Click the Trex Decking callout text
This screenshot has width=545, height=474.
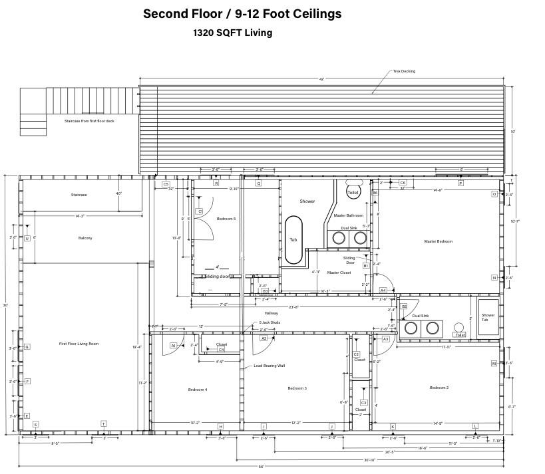(403, 71)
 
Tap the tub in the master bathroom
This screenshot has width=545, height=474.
(293, 240)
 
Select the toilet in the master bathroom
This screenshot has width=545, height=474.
(353, 191)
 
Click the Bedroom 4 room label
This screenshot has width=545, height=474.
(197, 390)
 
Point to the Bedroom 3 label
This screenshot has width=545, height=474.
(297, 388)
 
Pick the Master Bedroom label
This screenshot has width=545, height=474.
(438, 241)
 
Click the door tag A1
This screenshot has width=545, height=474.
(174, 346)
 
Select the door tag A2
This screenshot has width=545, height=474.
(264, 338)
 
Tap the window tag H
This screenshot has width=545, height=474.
(220, 426)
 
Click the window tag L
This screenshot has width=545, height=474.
(475, 426)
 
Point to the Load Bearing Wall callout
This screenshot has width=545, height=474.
(269, 366)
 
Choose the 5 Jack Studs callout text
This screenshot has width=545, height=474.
(270, 322)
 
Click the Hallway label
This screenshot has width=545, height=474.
(272, 313)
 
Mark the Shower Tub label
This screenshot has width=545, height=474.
(488, 318)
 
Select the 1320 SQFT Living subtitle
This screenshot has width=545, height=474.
(232, 33)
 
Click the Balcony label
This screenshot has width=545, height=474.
(85, 238)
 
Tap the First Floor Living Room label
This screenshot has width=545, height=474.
(79, 344)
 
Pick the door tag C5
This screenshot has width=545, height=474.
(166, 183)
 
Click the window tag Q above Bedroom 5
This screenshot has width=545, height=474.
(258, 183)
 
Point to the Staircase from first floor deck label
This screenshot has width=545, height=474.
(89, 121)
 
